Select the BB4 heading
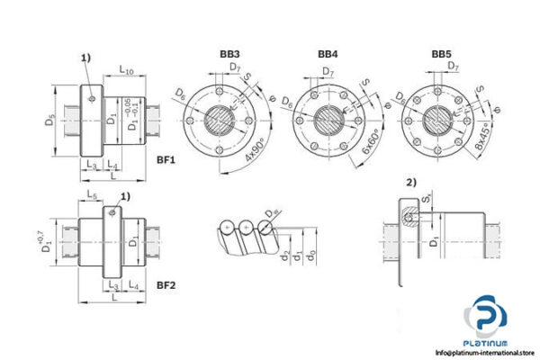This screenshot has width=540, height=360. tap(327, 55)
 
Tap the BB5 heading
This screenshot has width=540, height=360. tap(441, 55)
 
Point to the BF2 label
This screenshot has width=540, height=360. tap(165, 285)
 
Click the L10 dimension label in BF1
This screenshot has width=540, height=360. tap(126, 69)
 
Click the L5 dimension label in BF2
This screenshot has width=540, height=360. tap(92, 195)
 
